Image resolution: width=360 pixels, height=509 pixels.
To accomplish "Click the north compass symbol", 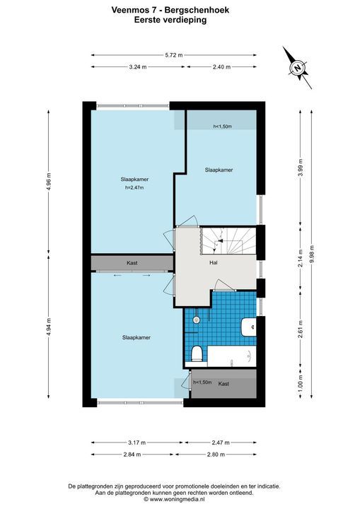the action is [297, 68].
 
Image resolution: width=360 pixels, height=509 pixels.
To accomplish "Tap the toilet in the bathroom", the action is [196, 354].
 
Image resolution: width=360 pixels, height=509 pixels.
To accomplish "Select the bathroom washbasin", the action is [249, 327].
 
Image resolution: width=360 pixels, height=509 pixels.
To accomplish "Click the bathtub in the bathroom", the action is [232, 356].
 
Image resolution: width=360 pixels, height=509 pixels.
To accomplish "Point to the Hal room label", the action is [213, 262].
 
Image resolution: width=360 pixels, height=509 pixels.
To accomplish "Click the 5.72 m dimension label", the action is [174, 55].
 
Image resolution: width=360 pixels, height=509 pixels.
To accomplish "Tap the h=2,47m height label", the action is [134, 187].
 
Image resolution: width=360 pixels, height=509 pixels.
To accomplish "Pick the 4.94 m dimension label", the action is [49, 326].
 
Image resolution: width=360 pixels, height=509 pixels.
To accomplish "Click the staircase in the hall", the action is [227, 240].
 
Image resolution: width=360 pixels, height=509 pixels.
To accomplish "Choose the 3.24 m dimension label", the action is [138, 67].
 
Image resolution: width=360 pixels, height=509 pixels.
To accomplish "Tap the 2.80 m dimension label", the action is [216, 455].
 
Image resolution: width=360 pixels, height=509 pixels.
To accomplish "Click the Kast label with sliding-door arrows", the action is [132, 263].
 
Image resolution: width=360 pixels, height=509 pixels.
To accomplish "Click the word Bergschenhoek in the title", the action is [197, 10].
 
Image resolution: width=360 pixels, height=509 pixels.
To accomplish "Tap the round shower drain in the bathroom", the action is [196, 320].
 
